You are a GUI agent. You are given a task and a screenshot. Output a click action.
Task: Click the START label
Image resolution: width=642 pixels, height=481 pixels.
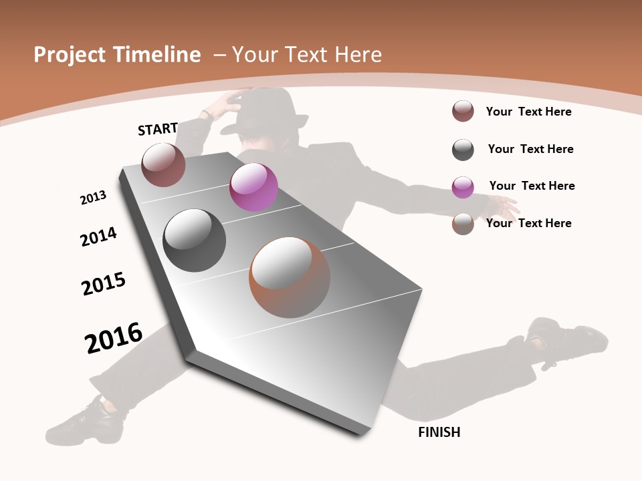[158, 129]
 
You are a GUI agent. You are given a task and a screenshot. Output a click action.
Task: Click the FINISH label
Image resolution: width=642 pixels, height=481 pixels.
[439, 432]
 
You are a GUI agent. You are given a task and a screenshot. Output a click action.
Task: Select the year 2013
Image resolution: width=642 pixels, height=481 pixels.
[94, 198]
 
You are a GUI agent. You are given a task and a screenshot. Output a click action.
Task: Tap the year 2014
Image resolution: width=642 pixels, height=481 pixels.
[98, 237]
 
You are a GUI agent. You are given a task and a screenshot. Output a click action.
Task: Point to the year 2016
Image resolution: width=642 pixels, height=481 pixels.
[114, 337]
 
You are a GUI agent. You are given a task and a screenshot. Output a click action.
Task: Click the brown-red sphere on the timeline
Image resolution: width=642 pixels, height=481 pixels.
[163, 164]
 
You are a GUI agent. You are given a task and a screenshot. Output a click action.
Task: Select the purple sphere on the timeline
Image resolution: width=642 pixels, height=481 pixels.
[253, 187]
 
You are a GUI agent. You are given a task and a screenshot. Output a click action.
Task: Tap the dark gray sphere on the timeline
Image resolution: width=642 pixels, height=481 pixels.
[194, 240]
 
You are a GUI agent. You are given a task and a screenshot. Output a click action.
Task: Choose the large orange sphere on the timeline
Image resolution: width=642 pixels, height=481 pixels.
[290, 277]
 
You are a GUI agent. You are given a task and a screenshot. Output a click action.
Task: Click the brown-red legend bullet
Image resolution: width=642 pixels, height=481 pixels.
[463, 111]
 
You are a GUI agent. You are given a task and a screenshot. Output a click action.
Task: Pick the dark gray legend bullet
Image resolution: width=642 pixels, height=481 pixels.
[463, 150]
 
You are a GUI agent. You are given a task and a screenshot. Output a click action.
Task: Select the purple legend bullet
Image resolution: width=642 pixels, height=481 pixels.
[463, 187]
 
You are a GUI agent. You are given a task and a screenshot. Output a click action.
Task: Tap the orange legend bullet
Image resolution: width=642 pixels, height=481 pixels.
[463, 224]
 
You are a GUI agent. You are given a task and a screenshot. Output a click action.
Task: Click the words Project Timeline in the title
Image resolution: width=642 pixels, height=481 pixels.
[117, 55]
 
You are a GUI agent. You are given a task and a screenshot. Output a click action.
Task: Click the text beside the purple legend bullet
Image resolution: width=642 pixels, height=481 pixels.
[532, 186]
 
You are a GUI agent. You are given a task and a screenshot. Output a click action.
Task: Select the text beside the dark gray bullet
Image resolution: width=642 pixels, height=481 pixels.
[530, 149]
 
